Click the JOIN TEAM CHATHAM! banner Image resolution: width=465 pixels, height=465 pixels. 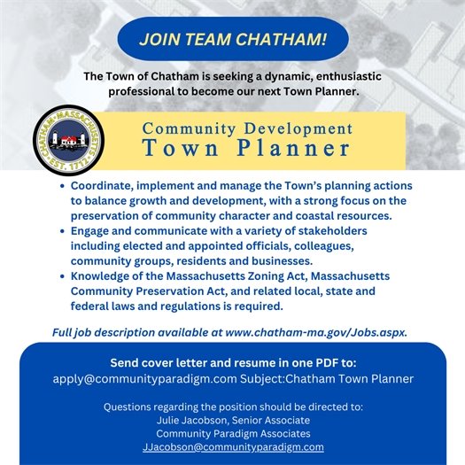(232, 40)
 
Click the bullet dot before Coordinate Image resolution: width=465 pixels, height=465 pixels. (59, 188)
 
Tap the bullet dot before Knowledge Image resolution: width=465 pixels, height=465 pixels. (59, 276)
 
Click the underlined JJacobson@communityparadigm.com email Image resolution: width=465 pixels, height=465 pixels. (233, 447)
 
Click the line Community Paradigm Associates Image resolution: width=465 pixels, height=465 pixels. (232, 434)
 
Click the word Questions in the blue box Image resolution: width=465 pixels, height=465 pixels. (133, 407)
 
